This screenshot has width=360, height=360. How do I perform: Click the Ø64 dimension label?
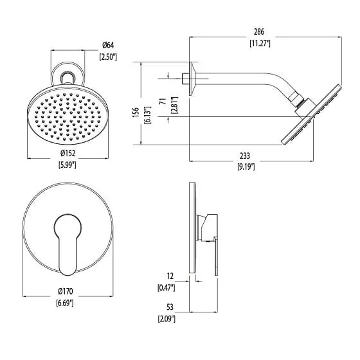coord(108,45)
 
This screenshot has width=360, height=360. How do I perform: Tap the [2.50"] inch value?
coord(108,57)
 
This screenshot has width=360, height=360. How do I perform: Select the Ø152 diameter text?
coord(68,153)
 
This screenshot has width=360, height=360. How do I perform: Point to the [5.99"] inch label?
coord(67,165)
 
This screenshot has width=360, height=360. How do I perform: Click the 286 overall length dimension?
coord(259,32)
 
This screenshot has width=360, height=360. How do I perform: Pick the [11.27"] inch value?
coord(260,44)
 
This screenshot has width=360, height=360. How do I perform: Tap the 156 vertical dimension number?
coord(136,113)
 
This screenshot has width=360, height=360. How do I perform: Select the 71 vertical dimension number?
coord(163,102)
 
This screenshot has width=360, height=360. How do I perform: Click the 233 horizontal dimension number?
coord(245,156)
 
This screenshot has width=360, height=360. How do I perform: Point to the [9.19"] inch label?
coord(246,167)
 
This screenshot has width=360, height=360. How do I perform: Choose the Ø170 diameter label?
coord(66,291)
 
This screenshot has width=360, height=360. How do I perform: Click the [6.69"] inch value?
coord(65,303)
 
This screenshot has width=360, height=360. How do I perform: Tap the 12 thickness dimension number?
coord(170,276)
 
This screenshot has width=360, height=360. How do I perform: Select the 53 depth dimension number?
coord(170,307)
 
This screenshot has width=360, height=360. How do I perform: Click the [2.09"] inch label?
coord(166,319)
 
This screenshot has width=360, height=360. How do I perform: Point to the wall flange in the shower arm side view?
coord(192,78)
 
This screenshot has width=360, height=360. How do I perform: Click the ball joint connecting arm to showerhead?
coord(298,100)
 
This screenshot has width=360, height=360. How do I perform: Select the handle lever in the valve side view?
coord(216,256)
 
